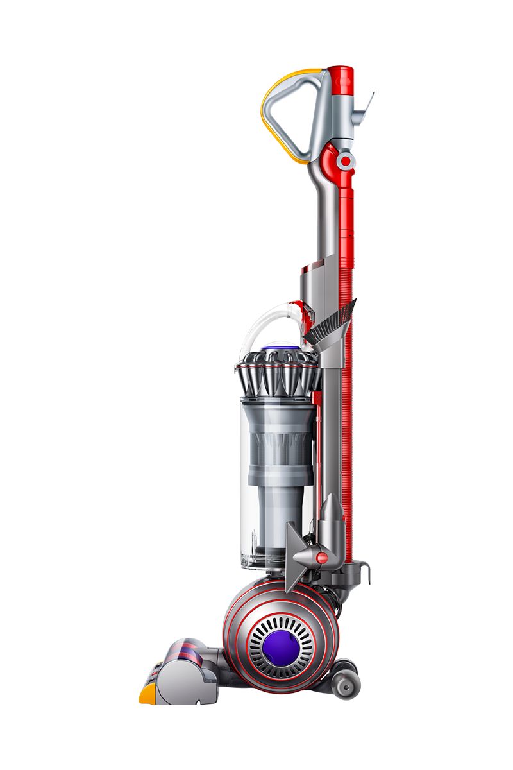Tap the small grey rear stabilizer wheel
coord(346,685)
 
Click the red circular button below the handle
coord(346,161)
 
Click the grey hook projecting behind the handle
coord(367,103)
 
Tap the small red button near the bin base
coord(322,558)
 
